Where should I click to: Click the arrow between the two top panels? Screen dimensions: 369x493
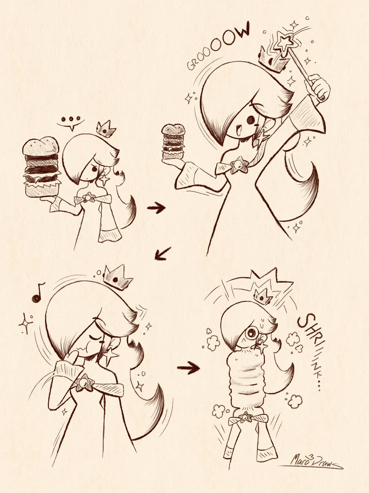click(156, 208)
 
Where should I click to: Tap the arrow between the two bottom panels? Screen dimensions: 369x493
click(189, 368)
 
